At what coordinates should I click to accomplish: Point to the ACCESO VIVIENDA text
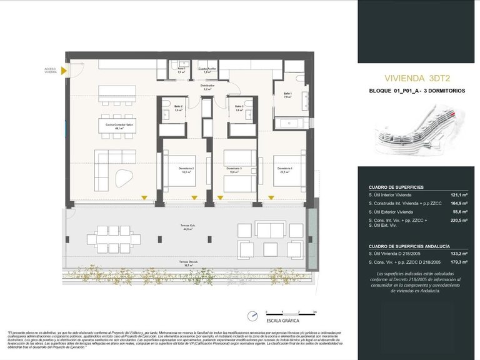51,70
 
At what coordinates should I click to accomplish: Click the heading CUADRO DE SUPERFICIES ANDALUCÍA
409,246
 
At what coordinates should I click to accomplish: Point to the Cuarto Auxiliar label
208,68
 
